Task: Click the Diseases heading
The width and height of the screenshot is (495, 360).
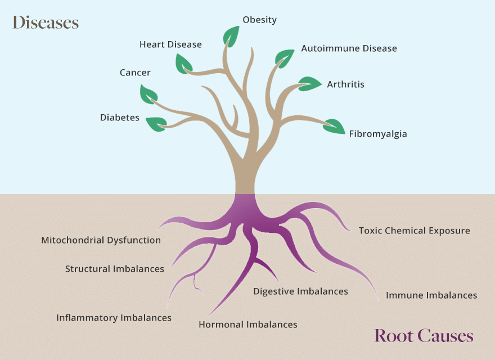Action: pyautogui.click(x=46, y=22)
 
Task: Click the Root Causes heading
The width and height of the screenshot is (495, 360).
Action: pyautogui.click(x=424, y=336)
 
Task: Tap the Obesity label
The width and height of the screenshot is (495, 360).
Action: pyautogui.click(x=259, y=20)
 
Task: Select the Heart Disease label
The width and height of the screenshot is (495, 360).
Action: pyautogui.click(x=170, y=44)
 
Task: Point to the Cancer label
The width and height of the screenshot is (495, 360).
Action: pyautogui.click(x=135, y=73)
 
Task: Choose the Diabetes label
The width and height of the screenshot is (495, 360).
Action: pyautogui.click(x=120, y=118)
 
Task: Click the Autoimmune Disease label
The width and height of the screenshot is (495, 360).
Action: pyautogui.click(x=349, y=48)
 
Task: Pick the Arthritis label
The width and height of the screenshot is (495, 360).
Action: pyautogui.click(x=345, y=84)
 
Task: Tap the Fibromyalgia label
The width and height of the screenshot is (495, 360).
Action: pyautogui.click(x=377, y=134)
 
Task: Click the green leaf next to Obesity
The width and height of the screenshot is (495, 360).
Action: pyautogui.click(x=231, y=36)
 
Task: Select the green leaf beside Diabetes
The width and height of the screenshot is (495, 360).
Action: pyautogui.click(x=156, y=123)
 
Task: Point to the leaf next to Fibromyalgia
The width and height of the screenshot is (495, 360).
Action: pyautogui.click(x=335, y=127)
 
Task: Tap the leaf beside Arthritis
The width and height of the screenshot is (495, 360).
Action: pyautogui.click(x=309, y=84)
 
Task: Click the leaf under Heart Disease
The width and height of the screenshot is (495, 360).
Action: pyautogui.click(x=183, y=64)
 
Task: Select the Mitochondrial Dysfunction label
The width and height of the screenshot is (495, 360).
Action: pyautogui.click(x=101, y=240)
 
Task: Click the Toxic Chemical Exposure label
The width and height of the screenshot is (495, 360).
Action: pyautogui.click(x=414, y=231)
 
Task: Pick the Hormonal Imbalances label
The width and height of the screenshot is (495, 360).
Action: pyautogui.click(x=247, y=325)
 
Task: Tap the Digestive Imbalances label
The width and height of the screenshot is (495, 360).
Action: pyautogui.click(x=300, y=291)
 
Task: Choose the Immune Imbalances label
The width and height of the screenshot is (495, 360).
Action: pyautogui.click(x=431, y=295)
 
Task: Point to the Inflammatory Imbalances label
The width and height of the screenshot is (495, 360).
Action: pyautogui.click(x=114, y=318)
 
